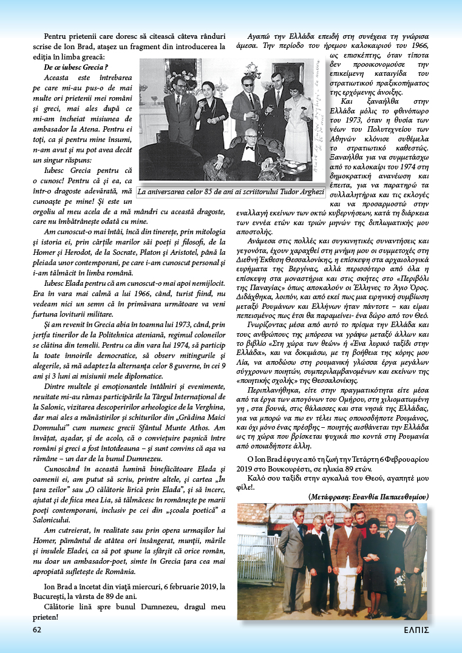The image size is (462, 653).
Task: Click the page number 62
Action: coord(37,629)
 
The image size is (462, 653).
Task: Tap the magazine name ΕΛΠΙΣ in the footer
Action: coord(417,629)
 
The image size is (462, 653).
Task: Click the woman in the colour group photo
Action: coord(372,558)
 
